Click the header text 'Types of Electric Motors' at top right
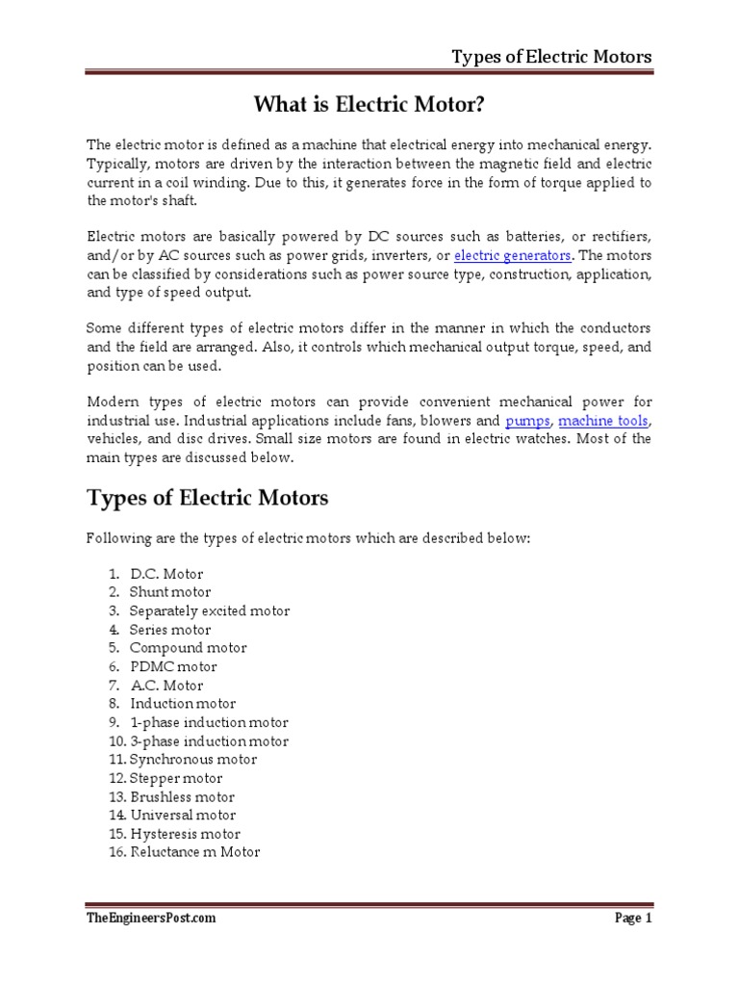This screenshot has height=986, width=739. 551,57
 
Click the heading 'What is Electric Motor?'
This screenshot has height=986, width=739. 369,104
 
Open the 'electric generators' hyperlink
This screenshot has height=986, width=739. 513,255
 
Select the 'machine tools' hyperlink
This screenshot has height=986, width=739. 604,421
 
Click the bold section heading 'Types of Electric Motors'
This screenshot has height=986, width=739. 208,498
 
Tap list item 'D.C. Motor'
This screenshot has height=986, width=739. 166,574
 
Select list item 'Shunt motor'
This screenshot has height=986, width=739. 170,592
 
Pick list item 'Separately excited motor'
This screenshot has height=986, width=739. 209,610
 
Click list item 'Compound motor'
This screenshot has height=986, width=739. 188,648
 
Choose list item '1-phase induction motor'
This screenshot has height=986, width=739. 209,722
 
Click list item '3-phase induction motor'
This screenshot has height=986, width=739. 209,741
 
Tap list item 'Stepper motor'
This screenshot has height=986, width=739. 176,778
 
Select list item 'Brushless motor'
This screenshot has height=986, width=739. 182,796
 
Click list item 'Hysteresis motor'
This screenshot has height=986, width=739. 185,834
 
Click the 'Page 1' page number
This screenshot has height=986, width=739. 633,919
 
